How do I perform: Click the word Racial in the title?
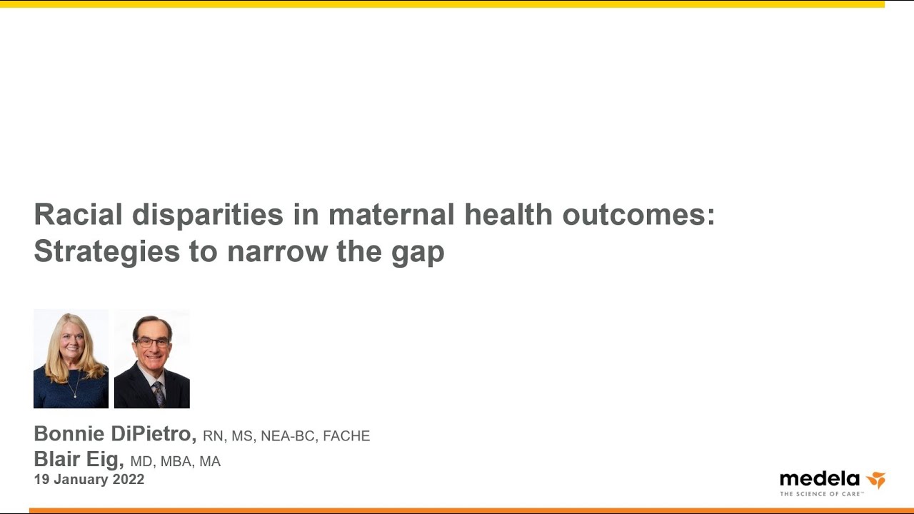click(79, 214)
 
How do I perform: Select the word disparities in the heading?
click(208, 215)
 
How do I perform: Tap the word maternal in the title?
click(391, 214)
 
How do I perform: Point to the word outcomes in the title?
click(638, 215)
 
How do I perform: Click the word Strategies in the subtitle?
click(107, 253)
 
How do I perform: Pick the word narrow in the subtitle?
click(278, 253)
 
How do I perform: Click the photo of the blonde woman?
click(71, 358)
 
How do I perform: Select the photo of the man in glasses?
click(152, 358)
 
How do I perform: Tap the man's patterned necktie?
click(159, 394)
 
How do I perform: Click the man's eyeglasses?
click(153, 342)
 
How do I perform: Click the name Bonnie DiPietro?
click(116, 433)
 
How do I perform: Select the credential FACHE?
click(346, 435)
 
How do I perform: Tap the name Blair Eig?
click(79, 460)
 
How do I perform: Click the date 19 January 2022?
click(89, 479)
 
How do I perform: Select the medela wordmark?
click(820, 479)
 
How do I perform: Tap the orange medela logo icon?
click(876, 480)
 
